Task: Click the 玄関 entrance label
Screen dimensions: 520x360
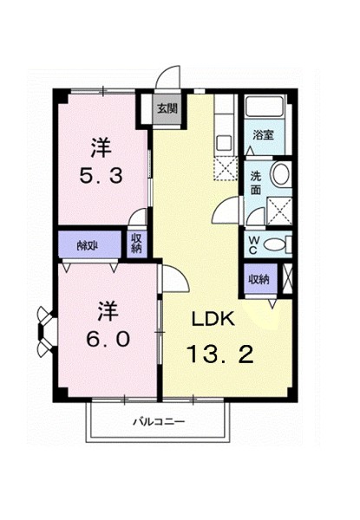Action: [x=167, y=109]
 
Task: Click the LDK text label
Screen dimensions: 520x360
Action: [x=215, y=319]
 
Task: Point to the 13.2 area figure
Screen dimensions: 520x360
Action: [x=219, y=354]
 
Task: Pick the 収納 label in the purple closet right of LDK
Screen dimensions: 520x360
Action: [x=258, y=279]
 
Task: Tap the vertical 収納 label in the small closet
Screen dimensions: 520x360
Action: [x=137, y=244]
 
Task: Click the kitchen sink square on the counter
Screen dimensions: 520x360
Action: [x=222, y=142]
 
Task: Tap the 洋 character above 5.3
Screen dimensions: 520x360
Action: [x=102, y=145]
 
